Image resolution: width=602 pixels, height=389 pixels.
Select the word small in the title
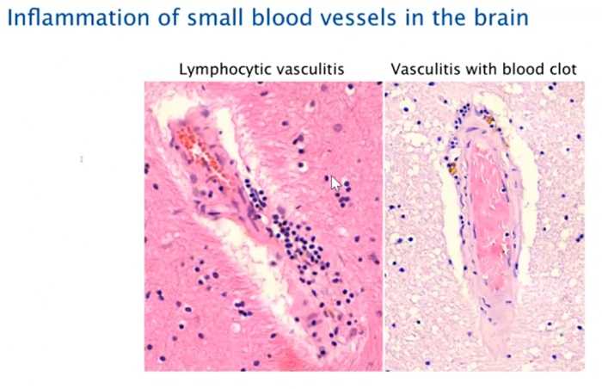click(x=214, y=18)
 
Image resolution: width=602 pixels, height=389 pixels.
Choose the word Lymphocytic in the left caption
click(x=225, y=70)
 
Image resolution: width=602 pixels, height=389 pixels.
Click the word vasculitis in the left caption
click(x=310, y=69)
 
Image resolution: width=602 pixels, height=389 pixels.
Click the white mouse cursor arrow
click(x=335, y=183)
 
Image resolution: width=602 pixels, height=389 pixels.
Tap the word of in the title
click(x=169, y=18)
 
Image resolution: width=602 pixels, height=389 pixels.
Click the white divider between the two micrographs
click(x=384, y=227)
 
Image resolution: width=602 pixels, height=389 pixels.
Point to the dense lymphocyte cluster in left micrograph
click(x=299, y=242)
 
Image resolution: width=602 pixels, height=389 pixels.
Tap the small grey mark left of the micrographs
click(x=82, y=159)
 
